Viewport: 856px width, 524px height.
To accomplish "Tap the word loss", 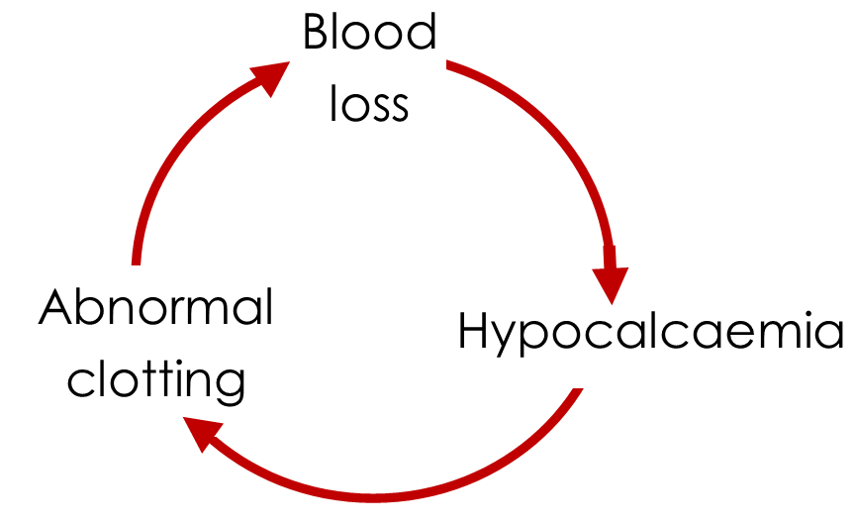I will coord(368,102).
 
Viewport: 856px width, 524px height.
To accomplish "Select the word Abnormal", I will coord(155,309).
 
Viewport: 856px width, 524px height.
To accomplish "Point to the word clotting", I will coord(155,381).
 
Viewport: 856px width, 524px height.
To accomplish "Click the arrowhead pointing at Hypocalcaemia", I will coord(611,277).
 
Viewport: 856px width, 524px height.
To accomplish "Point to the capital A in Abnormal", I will coord(56,309).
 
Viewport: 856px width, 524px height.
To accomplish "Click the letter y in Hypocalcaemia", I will coord(506,342).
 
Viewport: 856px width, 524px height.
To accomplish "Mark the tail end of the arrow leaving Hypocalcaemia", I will coord(572,392).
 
